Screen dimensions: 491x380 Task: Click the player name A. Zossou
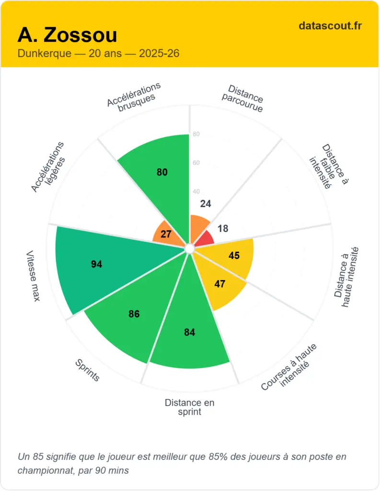coord(67,35)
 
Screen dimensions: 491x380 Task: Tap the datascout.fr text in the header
coord(330,26)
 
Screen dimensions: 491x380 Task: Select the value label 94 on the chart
coord(97,264)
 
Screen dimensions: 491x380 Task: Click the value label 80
coord(162,172)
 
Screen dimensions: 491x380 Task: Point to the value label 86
coord(134,315)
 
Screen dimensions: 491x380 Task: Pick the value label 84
coord(190,332)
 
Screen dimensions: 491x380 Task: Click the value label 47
coord(220,284)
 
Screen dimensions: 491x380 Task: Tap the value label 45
coord(234,256)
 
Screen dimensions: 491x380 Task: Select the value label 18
coord(223,229)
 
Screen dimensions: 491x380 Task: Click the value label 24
coord(206,204)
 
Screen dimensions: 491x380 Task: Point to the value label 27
coord(166,234)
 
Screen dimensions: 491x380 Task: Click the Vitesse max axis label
coord(33,276)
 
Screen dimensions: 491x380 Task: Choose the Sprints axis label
coord(87,371)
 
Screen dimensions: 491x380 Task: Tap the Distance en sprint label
coord(190,407)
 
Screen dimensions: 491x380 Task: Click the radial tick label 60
coord(196,163)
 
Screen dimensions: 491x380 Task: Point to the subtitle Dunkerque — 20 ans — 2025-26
coord(99,53)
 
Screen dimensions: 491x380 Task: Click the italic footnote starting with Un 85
coord(182,463)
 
